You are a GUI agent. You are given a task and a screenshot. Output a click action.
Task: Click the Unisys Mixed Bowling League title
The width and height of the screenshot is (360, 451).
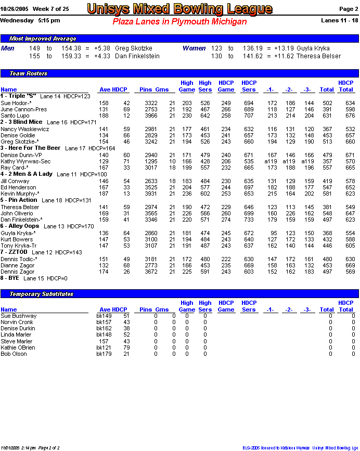pyautogui.click(x=179, y=9)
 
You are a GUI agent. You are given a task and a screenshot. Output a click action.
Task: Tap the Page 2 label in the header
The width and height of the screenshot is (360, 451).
pyautogui.click(x=348, y=9)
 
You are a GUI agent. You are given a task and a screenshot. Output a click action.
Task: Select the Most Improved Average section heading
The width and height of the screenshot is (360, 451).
pyautogui.click(x=43, y=39)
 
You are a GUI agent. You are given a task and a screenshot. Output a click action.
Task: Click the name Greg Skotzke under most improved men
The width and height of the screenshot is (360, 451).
pyautogui.click(x=134, y=48)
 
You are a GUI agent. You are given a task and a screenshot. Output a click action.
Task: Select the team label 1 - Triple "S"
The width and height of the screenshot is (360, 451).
pyautogui.click(x=18, y=96)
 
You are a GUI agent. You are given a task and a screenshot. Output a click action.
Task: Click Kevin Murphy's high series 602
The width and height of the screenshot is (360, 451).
pyautogui.click(x=205, y=194)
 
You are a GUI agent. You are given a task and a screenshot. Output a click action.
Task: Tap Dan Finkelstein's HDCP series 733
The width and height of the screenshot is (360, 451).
pyautogui.click(x=249, y=220)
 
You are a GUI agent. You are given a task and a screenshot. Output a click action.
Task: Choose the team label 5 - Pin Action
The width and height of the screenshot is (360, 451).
pyautogui.click(x=19, y=200)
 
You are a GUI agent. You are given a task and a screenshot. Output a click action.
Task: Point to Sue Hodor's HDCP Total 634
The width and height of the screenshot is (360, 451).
pyautogui.click(x=350, y=103)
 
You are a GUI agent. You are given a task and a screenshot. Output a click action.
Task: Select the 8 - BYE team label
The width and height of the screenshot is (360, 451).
pyautogui.click(x=10, y=278)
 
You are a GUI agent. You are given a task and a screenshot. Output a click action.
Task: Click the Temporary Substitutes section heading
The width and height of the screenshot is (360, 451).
pyautogui.click(x=42, y=294)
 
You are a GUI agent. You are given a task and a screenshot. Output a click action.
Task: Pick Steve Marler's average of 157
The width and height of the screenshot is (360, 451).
pyautogui.click(x=103, y=341)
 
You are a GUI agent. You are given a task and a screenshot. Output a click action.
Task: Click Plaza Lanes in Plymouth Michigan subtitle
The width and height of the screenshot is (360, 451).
pyautogui.click(x=179, y=22)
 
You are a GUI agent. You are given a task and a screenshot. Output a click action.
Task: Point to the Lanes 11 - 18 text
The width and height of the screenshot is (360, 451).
pyautogui.click(x=340, y=20)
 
